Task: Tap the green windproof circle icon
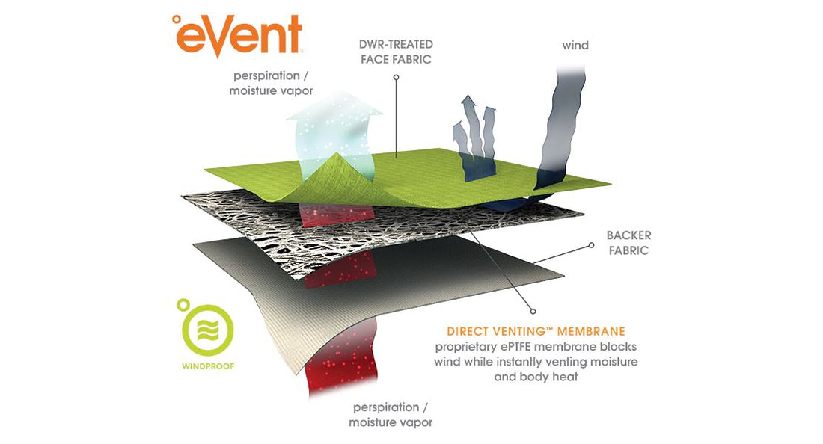(x=208, y=331)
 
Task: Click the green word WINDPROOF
(x=208, y=366)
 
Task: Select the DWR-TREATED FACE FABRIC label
(x=397, y=52)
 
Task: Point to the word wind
(x=575, y=45)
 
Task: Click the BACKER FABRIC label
(x=628, y=243)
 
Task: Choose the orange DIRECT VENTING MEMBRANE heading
(x=536, y=331)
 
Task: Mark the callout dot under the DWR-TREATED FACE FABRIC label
(x=397, y=77)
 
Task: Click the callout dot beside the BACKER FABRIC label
(x=592, y=245)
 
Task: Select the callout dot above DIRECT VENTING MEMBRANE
(x=533, y=312)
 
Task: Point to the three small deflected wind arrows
(x=474, y=136)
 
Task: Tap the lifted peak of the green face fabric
(x=335, y=155)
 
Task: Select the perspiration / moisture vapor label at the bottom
(x=391, y=415)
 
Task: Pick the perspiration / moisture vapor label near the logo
(x=271, y=83)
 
